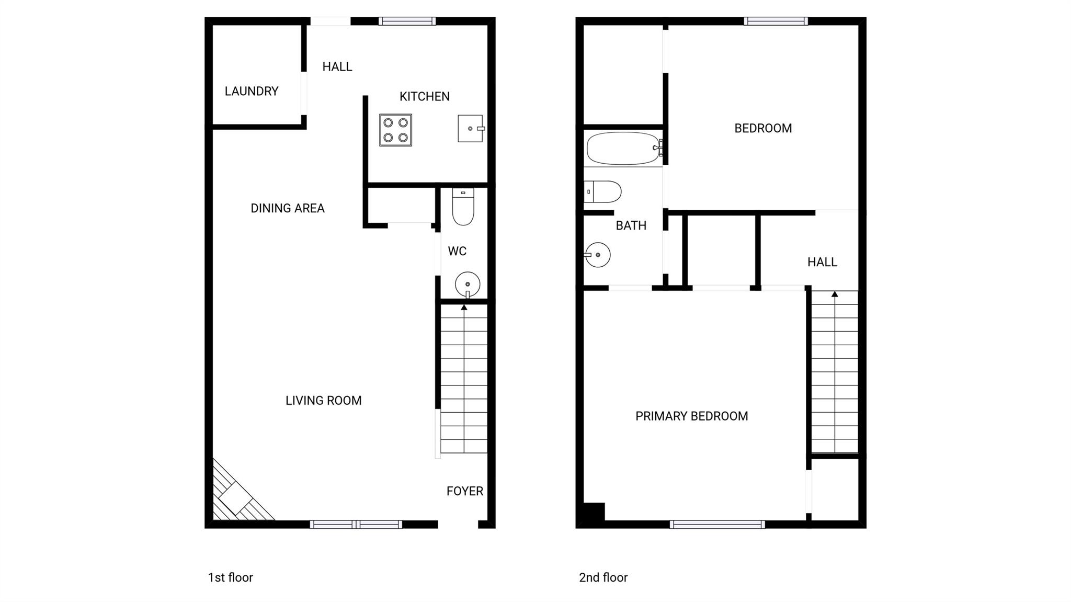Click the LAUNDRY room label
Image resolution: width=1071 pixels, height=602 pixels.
click(251, 92)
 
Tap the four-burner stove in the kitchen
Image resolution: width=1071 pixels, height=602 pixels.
click(395, 130)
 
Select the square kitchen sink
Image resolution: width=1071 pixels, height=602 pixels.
click(470, 129)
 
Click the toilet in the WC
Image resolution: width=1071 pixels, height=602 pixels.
click(463, 208)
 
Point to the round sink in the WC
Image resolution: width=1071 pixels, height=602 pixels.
click(468, 285)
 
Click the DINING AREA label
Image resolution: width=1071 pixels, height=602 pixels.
click(288, 208)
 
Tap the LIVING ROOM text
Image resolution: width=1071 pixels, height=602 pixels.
click(323, 401)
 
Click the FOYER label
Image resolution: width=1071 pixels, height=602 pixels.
click(464, 491)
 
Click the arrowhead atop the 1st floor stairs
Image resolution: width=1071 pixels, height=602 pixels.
click(464, 308)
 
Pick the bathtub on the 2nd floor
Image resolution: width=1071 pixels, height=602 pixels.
click(622, 149)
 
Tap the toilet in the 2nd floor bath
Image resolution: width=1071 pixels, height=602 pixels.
click(602, 192)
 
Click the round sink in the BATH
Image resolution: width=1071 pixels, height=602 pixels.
click(598, 255)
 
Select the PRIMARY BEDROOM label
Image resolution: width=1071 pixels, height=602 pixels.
click(691, 416)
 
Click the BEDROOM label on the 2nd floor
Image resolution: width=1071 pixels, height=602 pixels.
click(762, 128)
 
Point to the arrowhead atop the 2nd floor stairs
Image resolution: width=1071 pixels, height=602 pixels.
click(835, 294)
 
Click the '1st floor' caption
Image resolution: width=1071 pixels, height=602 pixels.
click(230, 577)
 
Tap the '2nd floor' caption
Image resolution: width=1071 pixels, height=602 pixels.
click(603, 577)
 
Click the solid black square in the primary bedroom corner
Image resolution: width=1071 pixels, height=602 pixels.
click(594, 512)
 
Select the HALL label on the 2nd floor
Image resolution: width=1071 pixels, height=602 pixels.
click(822, 262)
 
